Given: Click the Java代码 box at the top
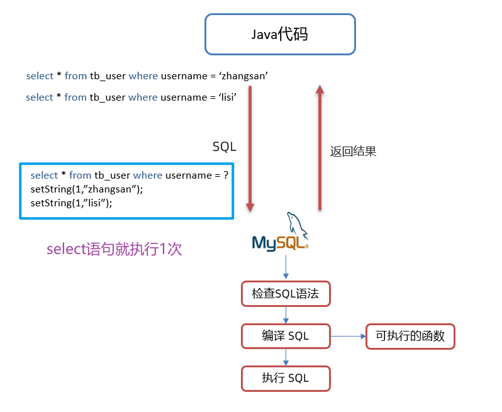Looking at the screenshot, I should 280,35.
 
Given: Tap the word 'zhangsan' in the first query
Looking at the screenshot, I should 243,76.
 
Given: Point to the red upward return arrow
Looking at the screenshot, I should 320,148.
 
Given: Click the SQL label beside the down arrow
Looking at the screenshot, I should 224,147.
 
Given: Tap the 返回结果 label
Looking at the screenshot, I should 353,152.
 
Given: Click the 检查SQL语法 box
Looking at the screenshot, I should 286,294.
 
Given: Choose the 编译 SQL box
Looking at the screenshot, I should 286,336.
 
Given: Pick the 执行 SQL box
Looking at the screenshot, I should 286,378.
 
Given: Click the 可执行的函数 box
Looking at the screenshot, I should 410,336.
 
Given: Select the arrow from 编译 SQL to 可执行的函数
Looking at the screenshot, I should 348,336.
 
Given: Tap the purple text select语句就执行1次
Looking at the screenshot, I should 114,249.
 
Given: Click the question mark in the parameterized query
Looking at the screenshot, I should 226,175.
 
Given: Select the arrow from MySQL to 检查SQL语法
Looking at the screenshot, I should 286,267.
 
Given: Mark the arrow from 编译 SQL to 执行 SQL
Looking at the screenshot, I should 286,357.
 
